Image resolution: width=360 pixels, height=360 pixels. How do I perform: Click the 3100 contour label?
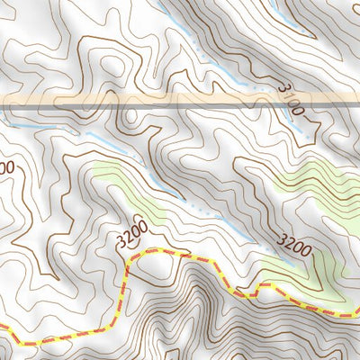pos(293,99)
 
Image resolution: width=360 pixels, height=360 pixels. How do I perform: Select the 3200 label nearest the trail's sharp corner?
pos(132,238)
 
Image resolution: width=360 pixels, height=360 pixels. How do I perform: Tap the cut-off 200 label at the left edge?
pos(6,168)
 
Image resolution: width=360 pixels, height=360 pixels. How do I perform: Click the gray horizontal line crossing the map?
pos(180,105)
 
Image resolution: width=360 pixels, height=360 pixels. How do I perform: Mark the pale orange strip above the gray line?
pos(180,96)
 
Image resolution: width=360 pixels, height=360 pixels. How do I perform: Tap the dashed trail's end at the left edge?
pos(2,328)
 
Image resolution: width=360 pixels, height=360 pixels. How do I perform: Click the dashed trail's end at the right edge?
pos(357,315)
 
